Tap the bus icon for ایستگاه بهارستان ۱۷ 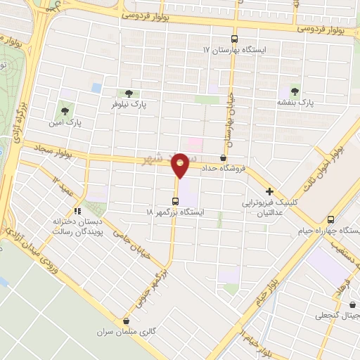(234, 39)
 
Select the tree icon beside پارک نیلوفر (128, 93)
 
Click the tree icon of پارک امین (65, 110)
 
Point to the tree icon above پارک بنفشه (295, 91)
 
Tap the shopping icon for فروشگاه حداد (224, 157)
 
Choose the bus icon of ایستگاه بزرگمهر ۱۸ (175, 200)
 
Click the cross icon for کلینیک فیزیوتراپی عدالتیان (269, 191)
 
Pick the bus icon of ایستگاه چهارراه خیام (330, 219)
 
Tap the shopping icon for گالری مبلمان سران (126, 320)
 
